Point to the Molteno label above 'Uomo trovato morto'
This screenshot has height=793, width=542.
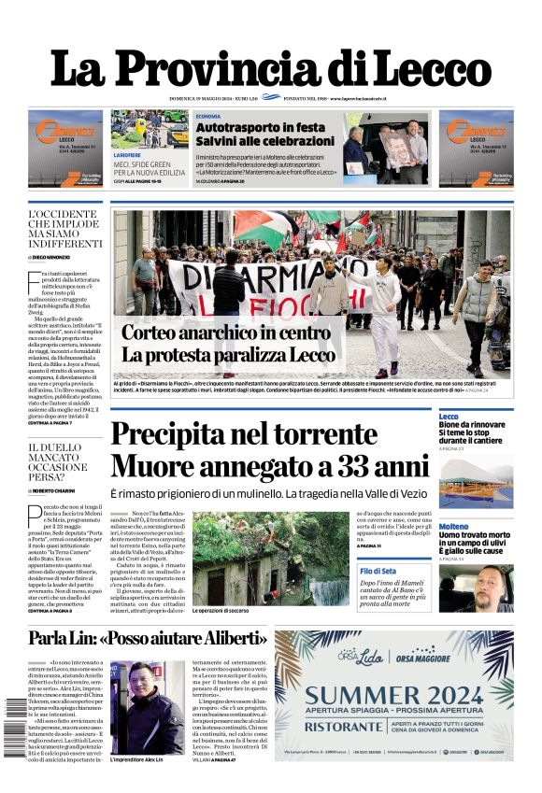coord(453,527)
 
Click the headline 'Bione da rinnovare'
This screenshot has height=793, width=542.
coord(472,425)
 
